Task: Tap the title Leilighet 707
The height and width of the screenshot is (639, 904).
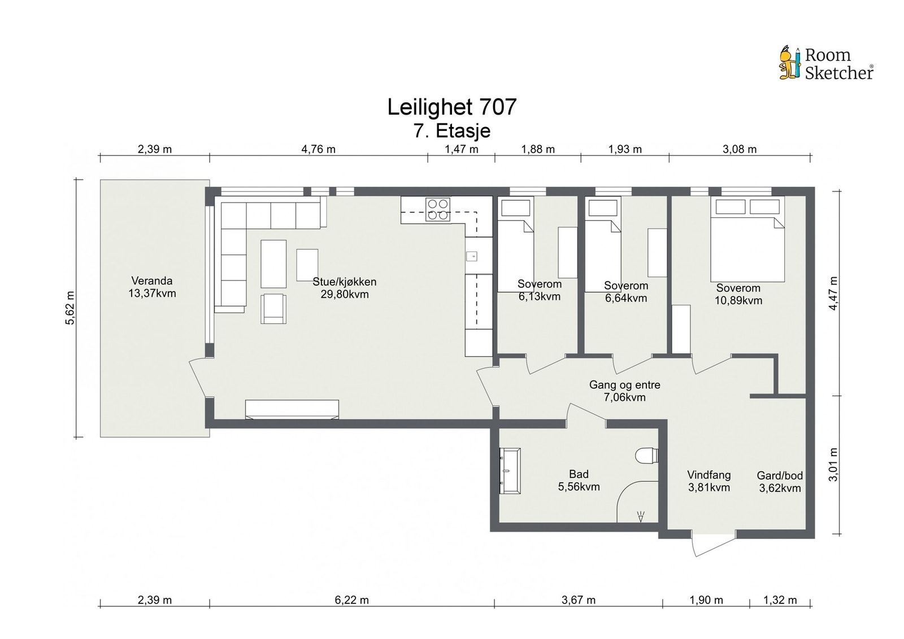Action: point(451,107)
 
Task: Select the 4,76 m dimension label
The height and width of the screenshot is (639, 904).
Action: point(319,149)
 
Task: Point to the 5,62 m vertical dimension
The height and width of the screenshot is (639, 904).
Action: point(71,308)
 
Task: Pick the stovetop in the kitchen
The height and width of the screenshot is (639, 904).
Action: point(438,209)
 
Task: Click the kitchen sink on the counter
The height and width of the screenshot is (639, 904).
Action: point(472,255)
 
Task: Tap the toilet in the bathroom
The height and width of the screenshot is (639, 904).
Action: point(647,456)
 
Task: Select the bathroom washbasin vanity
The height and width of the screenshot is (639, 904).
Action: point(510,470)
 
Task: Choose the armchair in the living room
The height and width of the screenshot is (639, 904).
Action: point(273,309)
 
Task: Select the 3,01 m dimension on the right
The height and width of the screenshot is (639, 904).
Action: point(833,465)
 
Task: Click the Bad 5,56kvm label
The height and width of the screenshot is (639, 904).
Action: point(579,480)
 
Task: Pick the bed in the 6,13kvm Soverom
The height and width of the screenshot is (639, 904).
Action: point(515,244)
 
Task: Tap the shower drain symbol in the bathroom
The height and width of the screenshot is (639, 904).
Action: point(641,517)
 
